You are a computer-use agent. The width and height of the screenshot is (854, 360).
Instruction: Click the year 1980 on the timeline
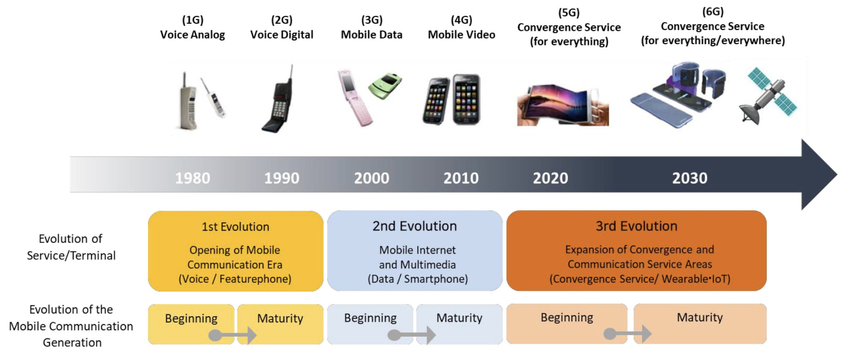coord(193,178)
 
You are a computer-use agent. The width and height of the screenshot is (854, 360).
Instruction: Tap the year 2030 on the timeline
coord(690,178)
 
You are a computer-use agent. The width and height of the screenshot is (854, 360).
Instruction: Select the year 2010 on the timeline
coord(461,178)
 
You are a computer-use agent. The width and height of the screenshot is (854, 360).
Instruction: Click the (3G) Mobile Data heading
coord(372,27)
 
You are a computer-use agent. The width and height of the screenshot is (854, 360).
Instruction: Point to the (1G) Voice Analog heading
coord(193,27)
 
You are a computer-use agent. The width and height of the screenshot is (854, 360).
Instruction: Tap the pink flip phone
coord(355,98)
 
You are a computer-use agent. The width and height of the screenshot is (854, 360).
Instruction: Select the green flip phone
coord(385,86)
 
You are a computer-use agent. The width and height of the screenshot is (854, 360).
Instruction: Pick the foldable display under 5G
coord(563,105)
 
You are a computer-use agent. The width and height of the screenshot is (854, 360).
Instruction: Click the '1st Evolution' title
coord(236,227)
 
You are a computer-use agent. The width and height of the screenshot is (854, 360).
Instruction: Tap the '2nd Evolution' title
coord(414,226)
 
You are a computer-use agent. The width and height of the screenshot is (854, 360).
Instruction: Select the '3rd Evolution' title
coord(636,226)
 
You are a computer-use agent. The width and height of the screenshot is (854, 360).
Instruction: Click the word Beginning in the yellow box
coord(191,319)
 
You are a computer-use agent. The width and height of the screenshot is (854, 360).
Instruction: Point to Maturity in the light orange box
coord(700,317)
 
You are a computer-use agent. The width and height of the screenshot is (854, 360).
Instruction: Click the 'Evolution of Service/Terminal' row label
coord(71,247)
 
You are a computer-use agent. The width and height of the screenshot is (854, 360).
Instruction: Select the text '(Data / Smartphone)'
coord(418,279)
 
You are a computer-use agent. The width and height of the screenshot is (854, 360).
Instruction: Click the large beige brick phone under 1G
coord(188,102)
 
